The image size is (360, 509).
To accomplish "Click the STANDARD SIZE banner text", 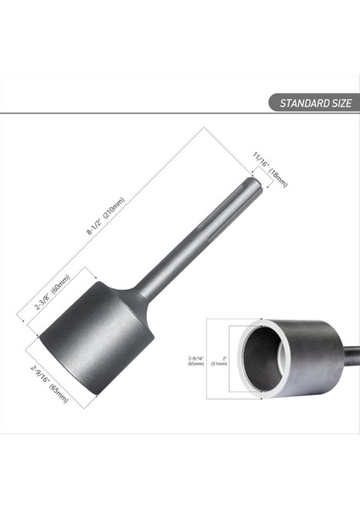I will pyautogui.click(x=310, y=103).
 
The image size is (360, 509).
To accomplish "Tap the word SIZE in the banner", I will pyautogui.click(x=340, y=103).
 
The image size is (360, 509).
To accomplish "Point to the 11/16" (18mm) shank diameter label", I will pyautogui.click(x=271, y=167).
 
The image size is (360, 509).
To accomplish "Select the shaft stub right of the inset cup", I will pyautogui.click(x=351, y=355).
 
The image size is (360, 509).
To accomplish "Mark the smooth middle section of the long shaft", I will pyautogui.click(x=183, y=255).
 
